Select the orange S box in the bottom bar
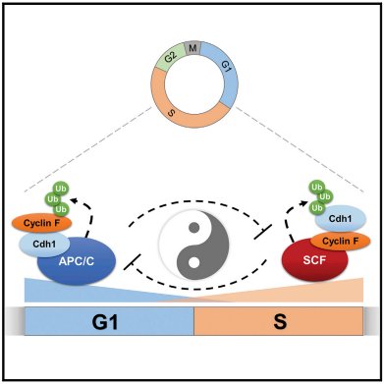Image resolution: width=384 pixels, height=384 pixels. pos(278,321)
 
